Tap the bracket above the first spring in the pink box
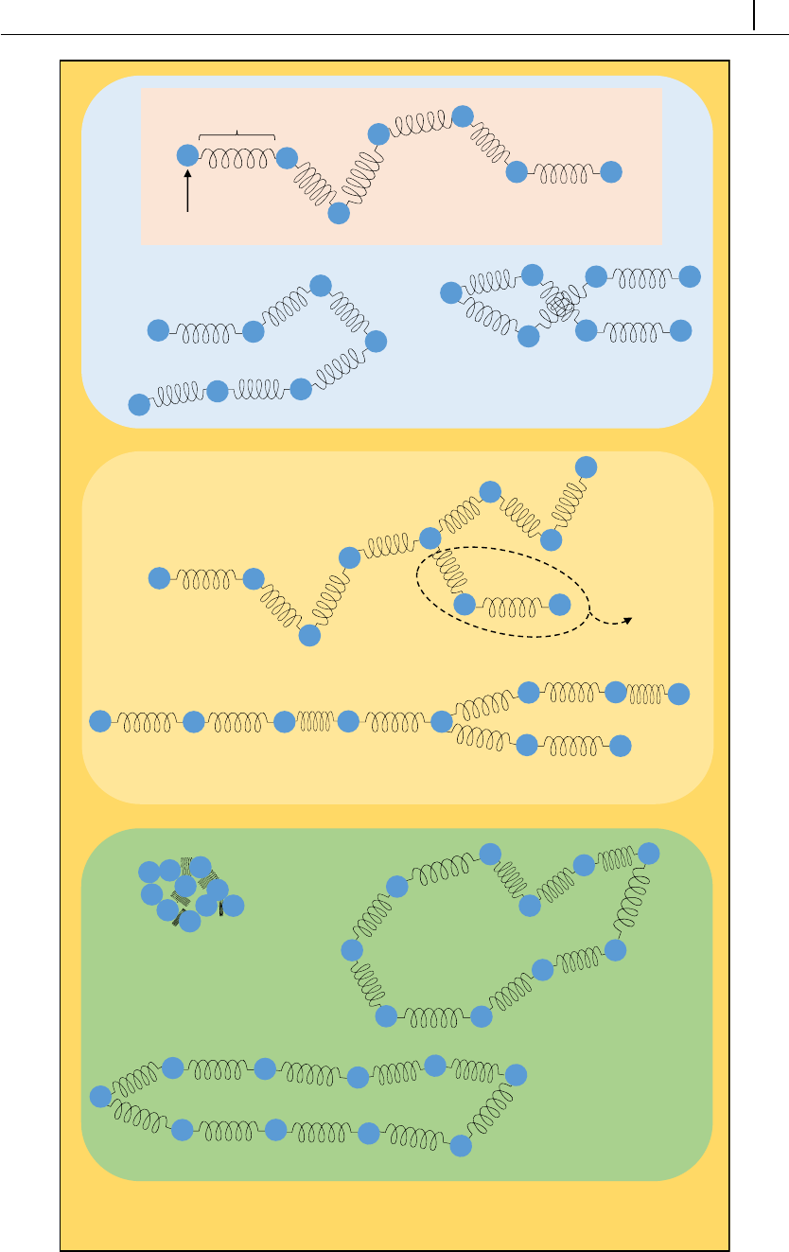(x=237, y=136)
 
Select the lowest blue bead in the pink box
(x=339, y=214)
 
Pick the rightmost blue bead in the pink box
(x=611, y=172)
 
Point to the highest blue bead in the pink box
(x=463, y=115)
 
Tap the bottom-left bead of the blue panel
(x=139, y=405)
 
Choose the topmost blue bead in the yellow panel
(x=587, y=467)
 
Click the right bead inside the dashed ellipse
(x=560, y=604)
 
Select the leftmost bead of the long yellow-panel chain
(x=100, y=722)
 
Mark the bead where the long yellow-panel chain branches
(x=442, y=722)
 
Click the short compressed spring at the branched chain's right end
(x=647, y=693)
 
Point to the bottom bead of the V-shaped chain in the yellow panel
(x=309, y=636)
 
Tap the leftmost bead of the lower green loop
(x=100, y=1097)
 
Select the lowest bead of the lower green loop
(x=461, y=1145)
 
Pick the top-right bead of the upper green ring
(x=648, y=854)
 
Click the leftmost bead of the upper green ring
(x=352, y=949)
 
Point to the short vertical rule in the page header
(x=755, y=15)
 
